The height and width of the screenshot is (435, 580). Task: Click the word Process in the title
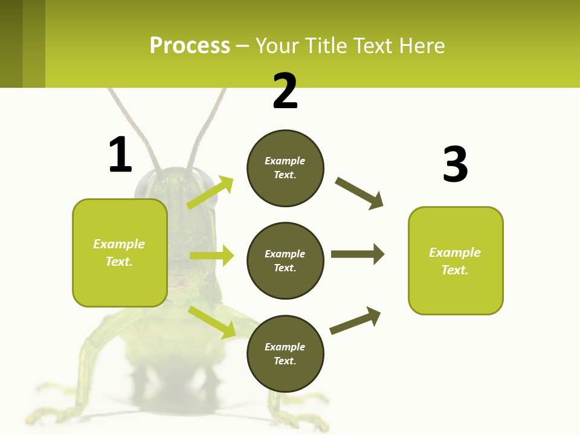click(x=190, y=46)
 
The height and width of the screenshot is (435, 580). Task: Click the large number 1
click(x=120, y=155)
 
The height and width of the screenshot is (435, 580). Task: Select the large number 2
click(x=285, y=91)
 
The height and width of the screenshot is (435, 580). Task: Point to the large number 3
click(x=455, y=164)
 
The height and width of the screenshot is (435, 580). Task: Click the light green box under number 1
click(x=120, y=253)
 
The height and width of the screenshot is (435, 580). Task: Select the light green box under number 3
click(x=456, y=260)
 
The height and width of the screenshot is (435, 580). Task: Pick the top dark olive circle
click(x=285, y=168)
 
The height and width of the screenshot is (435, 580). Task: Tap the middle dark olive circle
click(x=285, y=260)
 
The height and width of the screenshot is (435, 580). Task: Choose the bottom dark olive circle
click(x=285, y=353)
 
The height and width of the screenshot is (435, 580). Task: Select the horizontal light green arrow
click(x=211, y=256)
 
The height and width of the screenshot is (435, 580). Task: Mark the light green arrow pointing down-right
click(x=211, y=321)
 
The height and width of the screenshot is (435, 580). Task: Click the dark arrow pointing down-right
click(x=359, y=193)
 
